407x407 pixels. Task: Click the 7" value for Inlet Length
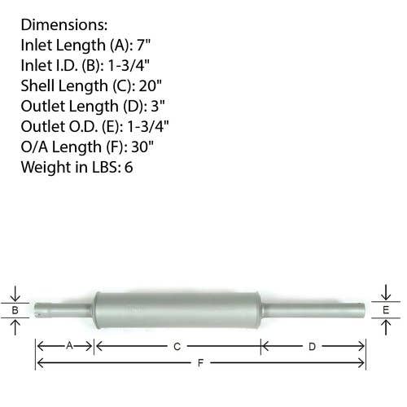pyautogui.click(x=143, y=45)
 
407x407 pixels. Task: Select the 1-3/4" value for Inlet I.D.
pyautogui.click(x=129, y=65)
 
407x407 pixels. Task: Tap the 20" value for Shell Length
pyautogui.click(x=150, y=85)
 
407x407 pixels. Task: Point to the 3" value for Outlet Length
pyautogui.click(x=158, y=106)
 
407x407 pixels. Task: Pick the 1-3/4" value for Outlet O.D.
pyautogui.click(x=148, y=126)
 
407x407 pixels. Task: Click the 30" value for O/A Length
pyautogui.click(x=142, y=147)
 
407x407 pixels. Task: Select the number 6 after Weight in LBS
pyautogui.click(x=129, y=167)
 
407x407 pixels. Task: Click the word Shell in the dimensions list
pyautogui.click(x=37, y=85)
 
